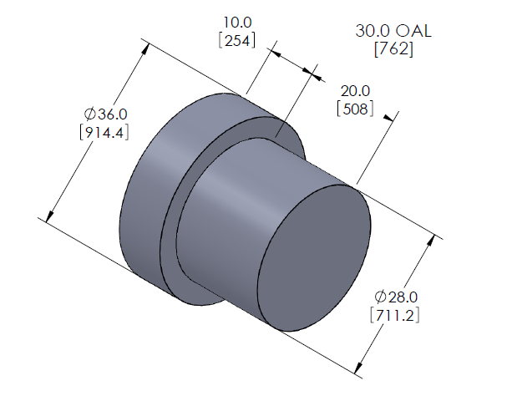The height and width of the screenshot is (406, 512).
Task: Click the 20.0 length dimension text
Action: (x=352, y=90)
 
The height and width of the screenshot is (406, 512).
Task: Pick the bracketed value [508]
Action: (x=352, y=109)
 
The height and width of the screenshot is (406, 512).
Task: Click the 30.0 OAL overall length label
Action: (x=394, y=31)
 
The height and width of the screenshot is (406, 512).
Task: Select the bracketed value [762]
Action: (x=394, y=49)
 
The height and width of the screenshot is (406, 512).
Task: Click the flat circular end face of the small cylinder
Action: (x=314, y=258)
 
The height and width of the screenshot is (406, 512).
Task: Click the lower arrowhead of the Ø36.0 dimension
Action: (x=49, y=218)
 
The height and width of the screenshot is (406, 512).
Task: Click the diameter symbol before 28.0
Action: (x=380, y=297)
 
